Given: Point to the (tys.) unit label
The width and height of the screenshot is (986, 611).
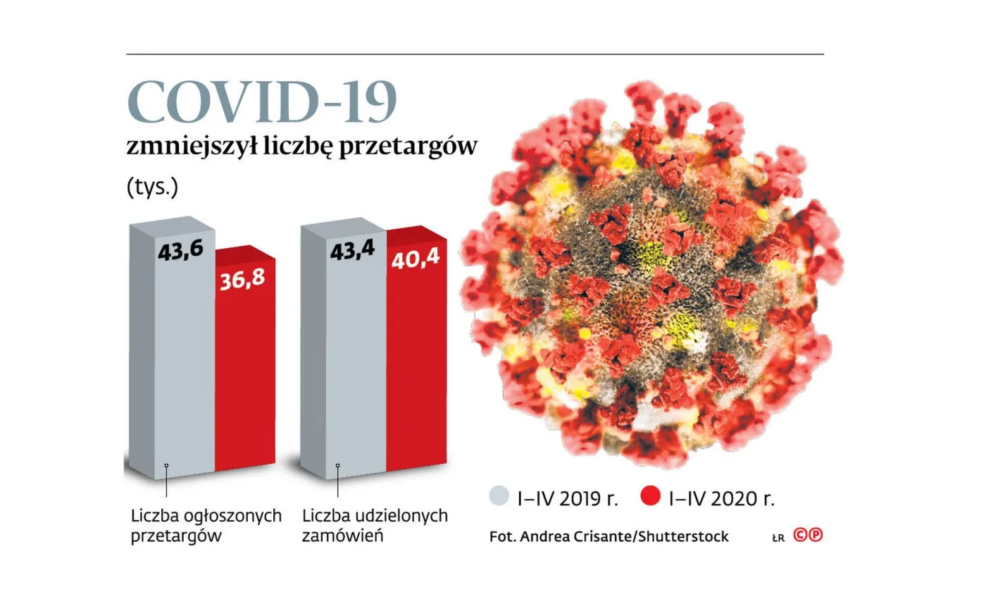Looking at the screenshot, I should click(152, 187).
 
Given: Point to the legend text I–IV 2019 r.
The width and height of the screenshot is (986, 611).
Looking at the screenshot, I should click(566, 500).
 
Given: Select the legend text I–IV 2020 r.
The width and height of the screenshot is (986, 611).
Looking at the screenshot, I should click(721, 500).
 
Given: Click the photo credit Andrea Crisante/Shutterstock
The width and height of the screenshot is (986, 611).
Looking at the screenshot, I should click(609, 536).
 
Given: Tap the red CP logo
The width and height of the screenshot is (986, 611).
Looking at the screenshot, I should click(808, 535).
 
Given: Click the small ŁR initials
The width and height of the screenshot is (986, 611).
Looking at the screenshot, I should click(778, 538).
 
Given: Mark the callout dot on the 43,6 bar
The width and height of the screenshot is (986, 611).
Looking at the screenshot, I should click(166, 465).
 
